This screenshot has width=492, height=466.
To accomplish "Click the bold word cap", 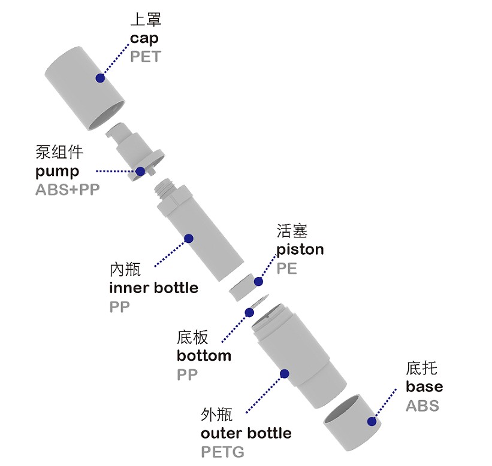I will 144,39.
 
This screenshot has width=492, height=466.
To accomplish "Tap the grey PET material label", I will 146,57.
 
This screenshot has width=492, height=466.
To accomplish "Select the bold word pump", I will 57,172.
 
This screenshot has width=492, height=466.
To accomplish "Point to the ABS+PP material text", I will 67,190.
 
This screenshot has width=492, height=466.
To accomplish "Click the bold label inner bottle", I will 153,288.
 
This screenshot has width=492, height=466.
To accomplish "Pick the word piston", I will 300,249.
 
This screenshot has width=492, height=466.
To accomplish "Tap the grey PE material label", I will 286,267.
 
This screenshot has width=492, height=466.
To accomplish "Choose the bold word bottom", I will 204,356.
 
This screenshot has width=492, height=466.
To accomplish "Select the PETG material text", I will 222,451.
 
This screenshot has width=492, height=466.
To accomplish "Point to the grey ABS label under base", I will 422,405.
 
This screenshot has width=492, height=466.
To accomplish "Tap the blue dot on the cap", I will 101,78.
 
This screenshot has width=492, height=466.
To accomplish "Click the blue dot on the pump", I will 140,171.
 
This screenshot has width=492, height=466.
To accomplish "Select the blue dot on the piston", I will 259,281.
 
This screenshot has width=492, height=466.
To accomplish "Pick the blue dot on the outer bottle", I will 285,374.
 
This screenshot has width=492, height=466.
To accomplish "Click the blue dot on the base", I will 372,421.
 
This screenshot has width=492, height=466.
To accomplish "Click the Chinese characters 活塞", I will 292,231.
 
